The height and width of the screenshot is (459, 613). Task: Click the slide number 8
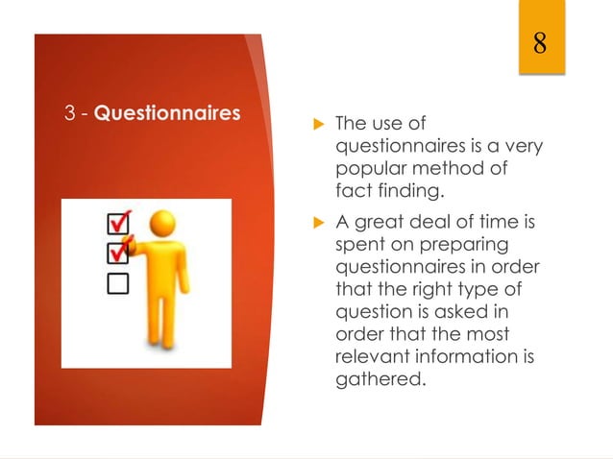click(x=540, y=43)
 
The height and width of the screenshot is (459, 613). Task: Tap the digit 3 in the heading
click(x=70, y=113)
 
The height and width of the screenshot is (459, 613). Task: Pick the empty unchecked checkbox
click(x=117, y=282)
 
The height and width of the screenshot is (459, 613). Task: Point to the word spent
click(x=356, y=247)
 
